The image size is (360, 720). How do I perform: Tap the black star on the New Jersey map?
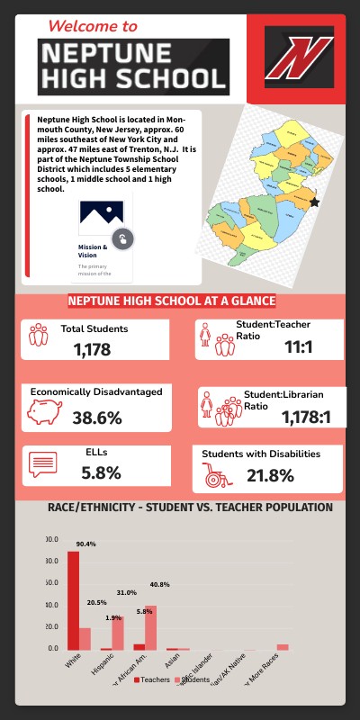coord(314,202)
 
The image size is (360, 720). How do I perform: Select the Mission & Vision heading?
coord(94,250)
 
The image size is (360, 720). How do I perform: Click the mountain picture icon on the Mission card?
coord(101,212)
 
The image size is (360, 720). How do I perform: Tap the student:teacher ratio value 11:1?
coord(298,346)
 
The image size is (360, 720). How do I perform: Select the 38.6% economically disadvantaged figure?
coord(96,418)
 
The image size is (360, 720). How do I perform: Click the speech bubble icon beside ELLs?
coord(43,464)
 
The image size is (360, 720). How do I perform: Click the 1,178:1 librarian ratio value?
coord(306,417)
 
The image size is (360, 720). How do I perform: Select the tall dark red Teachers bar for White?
coord(73,600)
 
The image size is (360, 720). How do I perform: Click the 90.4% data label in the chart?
coord(85,544)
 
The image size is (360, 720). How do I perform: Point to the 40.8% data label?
coord(159,585)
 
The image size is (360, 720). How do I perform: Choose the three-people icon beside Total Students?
coord(38,336)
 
